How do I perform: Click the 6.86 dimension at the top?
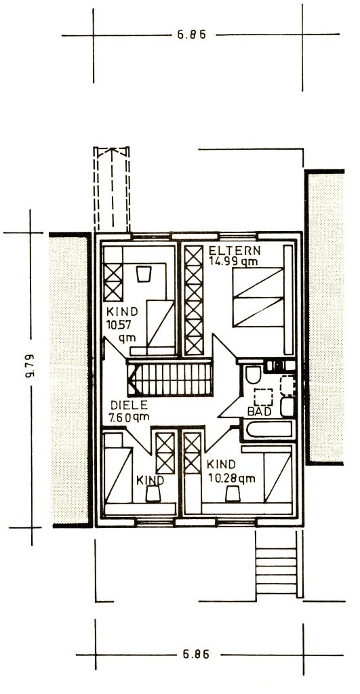click(192, 35)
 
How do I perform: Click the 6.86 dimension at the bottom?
click(195, 654)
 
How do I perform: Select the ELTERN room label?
click(235, 251)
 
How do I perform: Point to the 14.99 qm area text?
click(233, 261)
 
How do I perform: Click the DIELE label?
click(129, 405)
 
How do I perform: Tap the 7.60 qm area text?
click(129, 417)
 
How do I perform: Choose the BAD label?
click(259, 411)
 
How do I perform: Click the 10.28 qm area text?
click(232, 479)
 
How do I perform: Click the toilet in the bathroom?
click(254, 375)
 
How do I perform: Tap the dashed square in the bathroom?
click(264, 397)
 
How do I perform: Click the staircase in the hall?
click(170, 379)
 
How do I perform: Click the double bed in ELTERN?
click(258, 297)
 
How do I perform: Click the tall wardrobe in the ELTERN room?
click(194, 300)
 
